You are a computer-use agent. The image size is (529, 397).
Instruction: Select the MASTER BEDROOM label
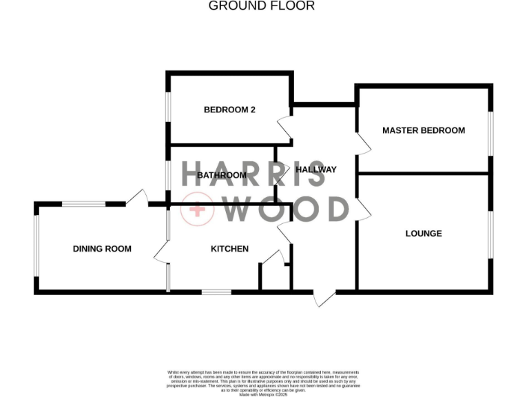pyautogui.click(x=423, y=130)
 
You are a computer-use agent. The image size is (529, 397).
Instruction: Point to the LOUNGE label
pyautogui.click(x=423, y=234)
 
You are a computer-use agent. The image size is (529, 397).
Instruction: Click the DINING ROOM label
pyautogui.click(x=102, y=249)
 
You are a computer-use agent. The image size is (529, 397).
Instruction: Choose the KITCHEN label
pyautogui.click(x=229, y=249)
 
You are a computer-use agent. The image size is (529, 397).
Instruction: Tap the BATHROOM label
pyautogui.click(x=221, y=175)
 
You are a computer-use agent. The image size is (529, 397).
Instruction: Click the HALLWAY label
pyautogui.click(x=315, y=170)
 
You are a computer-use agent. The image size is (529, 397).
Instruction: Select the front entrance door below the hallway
pyautogui.click(x=324, y=298)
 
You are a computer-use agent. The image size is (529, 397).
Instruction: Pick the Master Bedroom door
pyautogui.click(x=364, y=142)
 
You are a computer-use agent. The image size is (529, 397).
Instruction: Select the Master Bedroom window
pyautogui.click(x=490, y=133)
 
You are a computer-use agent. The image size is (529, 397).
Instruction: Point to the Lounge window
pyautogui.click(x=490, y=234)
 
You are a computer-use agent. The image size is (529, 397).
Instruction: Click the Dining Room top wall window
pyautogui.click(x=83, y=203)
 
